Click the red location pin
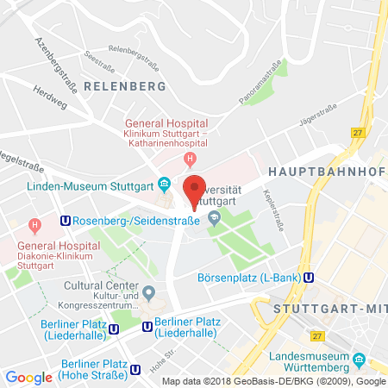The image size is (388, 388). pyautogui.click(x=195, y=189)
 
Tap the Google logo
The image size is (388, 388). pyautogui.click(x=28, y=377)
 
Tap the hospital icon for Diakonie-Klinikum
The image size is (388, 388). pyautogui.click(x=34, y=227)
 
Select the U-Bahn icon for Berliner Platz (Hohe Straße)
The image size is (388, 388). pyautogui.click(x=136, y=370)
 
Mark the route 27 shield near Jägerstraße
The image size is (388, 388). pyautogui.click(x=356, y=132)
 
